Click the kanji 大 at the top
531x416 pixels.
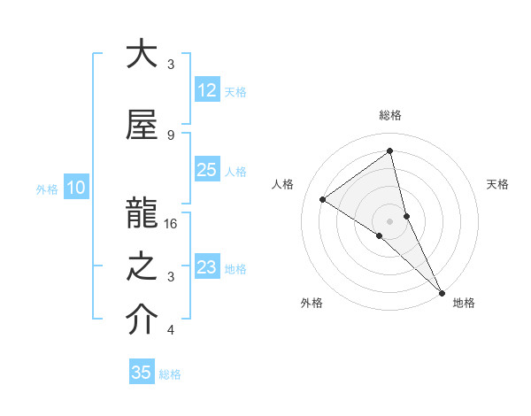click(142, 55)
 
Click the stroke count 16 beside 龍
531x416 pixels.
click(172, 224)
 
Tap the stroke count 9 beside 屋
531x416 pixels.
click(171, 135)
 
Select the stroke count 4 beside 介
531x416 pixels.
click(171, 330)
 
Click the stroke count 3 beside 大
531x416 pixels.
click(171, 64)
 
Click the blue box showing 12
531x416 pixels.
click(206, 90)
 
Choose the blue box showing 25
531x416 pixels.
click(206, 170)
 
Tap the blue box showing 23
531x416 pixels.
click(206, 267)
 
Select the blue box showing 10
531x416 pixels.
click(76, 188)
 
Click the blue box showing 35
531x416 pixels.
click(142, 373)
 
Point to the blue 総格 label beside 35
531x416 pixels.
click(170, 374)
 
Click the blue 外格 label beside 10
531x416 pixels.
click(46, 189)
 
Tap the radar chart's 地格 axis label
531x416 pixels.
click(464, 303)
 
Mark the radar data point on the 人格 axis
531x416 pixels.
click(323, 199)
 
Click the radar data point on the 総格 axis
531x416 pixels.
click(389, 151)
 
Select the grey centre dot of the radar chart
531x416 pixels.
click(389, 220)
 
